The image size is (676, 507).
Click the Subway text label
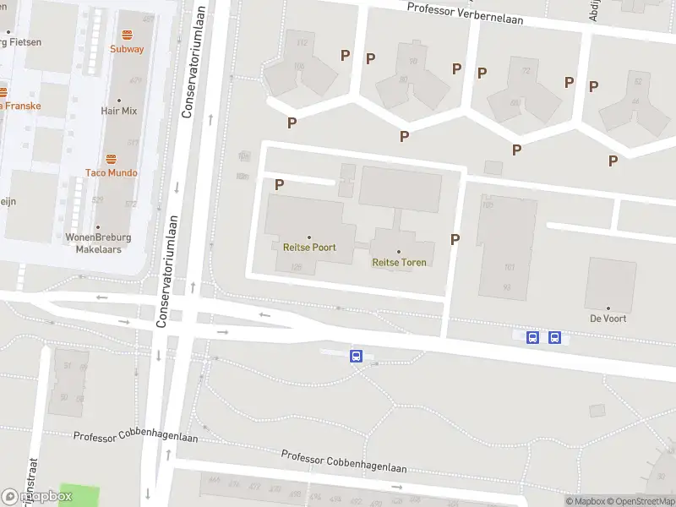(127, 49)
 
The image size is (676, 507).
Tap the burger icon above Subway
(127, 35)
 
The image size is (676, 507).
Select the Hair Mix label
(119, 111)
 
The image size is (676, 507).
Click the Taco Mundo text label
(111, 172)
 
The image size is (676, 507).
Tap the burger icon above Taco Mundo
(111, 158)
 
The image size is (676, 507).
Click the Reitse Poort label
(308, 248)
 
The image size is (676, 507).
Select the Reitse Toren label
(399, 262)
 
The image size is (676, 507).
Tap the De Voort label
(608, 319)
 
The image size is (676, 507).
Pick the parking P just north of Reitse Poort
(279, 183)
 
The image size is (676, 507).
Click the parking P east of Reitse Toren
(455, 239)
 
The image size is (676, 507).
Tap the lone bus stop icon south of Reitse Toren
(357, 357)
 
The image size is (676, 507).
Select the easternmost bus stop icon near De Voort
(554, 338)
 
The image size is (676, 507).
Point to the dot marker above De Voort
(608, 308)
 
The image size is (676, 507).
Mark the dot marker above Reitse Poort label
(308, 237)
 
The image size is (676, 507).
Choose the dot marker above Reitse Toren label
(399, 251)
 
